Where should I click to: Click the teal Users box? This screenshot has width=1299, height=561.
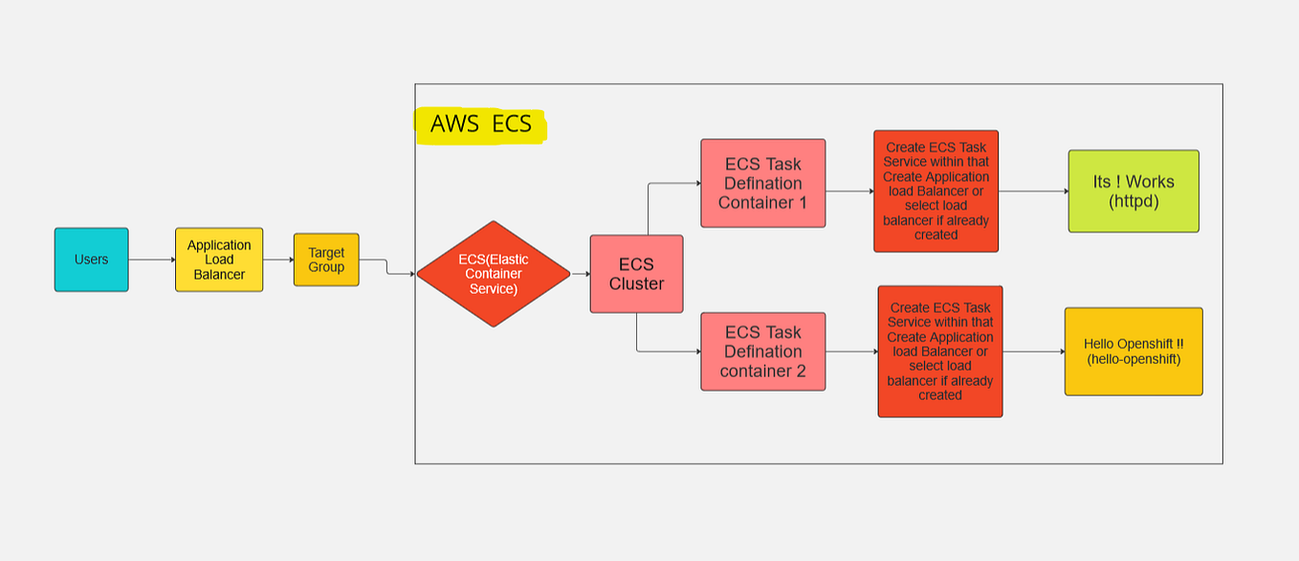[x=91, y=259]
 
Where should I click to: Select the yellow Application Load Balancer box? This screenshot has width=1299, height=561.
[x=219, y=259]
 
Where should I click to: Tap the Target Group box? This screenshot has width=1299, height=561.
[x=326, y=259]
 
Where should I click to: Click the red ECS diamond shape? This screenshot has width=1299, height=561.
[x=493, y=274]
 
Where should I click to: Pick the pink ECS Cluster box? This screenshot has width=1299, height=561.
[x=636, y=274]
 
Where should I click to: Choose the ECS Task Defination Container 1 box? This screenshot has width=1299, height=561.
[x=762, y=183]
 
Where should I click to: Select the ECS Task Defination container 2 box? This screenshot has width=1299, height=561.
[x=762, y=351]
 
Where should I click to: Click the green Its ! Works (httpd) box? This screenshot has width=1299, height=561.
[x=1134, y=191]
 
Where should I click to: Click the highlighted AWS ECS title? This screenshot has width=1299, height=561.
[x=480, y=124]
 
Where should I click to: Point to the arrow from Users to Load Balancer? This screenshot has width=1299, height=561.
[x=151, y=259]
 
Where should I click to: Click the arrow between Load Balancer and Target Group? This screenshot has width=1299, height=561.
[x=278, y=259]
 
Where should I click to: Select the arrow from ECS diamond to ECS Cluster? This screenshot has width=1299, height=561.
[x=580, y=274]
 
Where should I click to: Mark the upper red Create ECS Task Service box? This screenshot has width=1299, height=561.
[x=936, y=191]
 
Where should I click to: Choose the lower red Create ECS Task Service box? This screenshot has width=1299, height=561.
[x=940, y=351]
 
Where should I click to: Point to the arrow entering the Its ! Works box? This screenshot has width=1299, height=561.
[x=1033, y=191]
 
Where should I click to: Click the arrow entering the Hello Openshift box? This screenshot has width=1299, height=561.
[x=1033, y=351]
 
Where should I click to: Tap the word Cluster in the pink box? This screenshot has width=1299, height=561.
[x=636, y=283]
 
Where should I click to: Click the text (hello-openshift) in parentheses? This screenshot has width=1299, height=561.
[x=1134, y=359]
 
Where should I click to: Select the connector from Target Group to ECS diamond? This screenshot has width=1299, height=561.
[x=386, y=267]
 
